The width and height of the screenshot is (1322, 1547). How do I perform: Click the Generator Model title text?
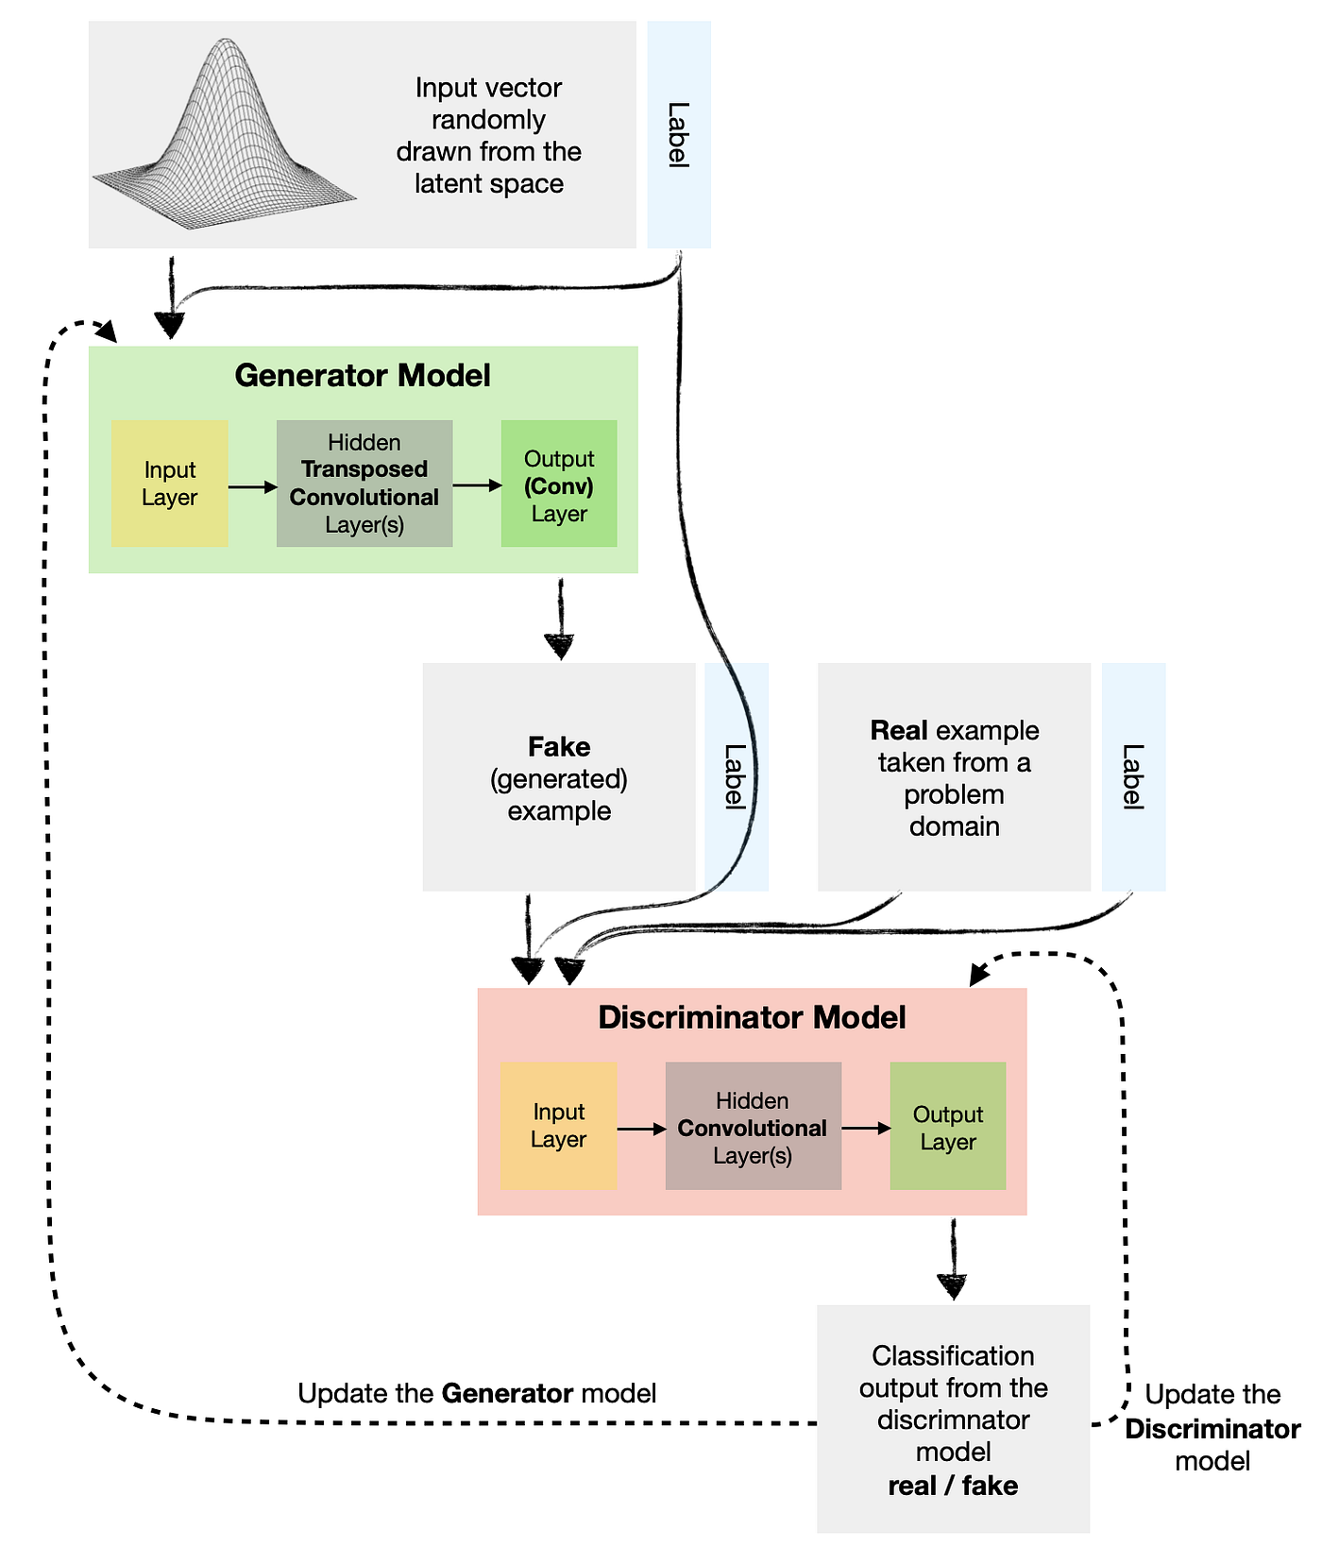pyautogui.click(x=363, y=376)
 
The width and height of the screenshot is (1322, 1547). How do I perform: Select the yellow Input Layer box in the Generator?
pyautogui.click(x=170, y=484)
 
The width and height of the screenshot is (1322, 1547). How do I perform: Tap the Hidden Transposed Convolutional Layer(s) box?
pyautogui.click(x=364, y=484)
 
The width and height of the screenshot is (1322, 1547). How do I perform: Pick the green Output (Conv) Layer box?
pyautogui.click(x=559, y=484)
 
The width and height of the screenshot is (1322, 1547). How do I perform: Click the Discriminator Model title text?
pyautogui.click(x=752, y=1017)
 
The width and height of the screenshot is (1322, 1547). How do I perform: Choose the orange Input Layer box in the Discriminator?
pyautogui.click(x=558, y=1126)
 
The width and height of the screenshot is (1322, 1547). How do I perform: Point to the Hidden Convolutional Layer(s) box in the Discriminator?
pyautogui.click(x=753, y=1126)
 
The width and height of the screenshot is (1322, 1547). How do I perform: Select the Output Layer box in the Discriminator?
pyautogui.click(x=948, y=1126)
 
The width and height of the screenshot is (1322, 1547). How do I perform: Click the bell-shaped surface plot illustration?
pyautogui.click(x=225, y=137)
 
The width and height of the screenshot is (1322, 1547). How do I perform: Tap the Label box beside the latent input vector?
pyautogui.click(x=679, y=135)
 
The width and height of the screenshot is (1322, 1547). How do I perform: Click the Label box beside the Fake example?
pyautogui.click(x=737, y=776)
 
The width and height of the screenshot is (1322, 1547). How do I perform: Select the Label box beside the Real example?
pyautogui.click(x=1133, y=776)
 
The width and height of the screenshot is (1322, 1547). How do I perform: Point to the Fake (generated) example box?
pyautogui.click(x=559, y=777)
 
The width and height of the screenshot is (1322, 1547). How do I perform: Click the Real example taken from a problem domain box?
pyautogui.click(x=954, y=777)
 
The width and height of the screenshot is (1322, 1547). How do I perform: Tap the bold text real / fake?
pyautogui.click(x=953, y=1486)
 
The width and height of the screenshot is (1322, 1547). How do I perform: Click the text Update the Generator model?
pyautogui.click(x=477, y=1393)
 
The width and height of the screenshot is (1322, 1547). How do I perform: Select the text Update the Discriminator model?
pyautogui.click(x=1212, y=1428)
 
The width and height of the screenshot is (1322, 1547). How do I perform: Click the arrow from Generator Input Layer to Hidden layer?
pyautogui.click(x=252, y=486)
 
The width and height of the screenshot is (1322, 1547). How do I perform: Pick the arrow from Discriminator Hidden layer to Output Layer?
pyautogui.click(x=865, y=1128)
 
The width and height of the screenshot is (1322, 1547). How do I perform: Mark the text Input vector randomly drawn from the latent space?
pyautogui.click(x=488, y=135)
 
